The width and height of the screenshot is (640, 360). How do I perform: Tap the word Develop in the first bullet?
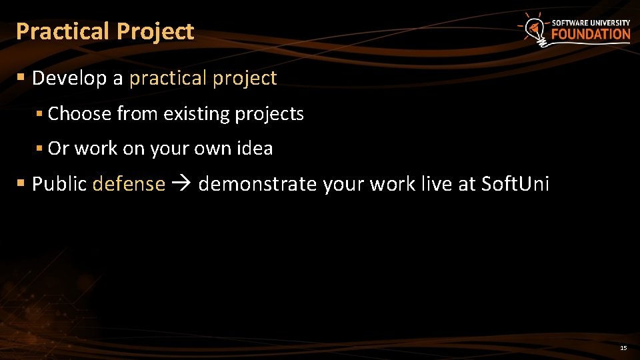click(x=69, y=78)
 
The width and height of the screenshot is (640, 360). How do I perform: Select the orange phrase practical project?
click(x=203, y=79)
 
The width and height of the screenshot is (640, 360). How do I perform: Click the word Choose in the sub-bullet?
click(x=79, y=114)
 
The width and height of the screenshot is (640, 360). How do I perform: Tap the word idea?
click(x=255, y=148)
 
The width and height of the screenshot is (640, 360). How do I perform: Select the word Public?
click(x=59, y=184)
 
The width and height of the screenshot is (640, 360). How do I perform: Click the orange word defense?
click(x=129, y=183)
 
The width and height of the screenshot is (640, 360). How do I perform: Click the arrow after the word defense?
click(x=181, y=184)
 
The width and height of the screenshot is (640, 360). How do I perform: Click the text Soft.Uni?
click(x=515, y=183)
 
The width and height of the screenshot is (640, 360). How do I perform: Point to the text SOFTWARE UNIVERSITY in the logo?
click(x=591, y=23)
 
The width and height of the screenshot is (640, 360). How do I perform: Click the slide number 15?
click(x=623, y=348)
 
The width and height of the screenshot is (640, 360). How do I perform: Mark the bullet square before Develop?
click(x=21, y=78)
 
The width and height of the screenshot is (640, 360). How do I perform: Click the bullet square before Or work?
click(x=40, y=148)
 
